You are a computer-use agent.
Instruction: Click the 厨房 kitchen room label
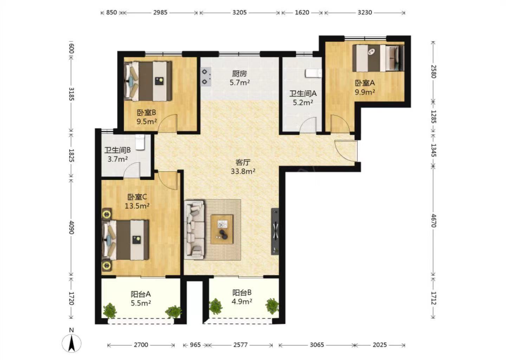239,73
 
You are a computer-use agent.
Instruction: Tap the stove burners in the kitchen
206,77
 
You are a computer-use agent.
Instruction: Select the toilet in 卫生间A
313,73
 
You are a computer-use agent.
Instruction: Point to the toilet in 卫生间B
140,142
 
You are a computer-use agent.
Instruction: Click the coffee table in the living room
222,229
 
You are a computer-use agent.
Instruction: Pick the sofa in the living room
195,229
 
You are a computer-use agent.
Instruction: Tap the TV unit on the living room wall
275,231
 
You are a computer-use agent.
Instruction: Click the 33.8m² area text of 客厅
243,171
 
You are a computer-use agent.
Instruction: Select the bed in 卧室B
148,81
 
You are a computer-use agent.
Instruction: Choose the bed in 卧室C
125,240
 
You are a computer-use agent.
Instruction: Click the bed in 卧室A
378,58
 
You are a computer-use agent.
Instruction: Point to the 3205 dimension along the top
239,12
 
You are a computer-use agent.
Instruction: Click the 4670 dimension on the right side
434,220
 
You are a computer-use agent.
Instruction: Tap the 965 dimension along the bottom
195,345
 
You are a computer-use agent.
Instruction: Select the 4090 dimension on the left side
71,227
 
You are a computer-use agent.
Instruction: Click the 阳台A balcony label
141,294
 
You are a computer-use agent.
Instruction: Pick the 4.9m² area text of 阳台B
242,302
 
